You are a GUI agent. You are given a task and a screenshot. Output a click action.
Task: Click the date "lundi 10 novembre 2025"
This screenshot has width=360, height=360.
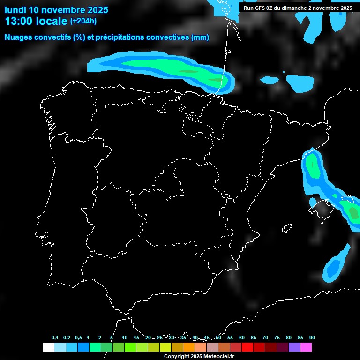(56, 10)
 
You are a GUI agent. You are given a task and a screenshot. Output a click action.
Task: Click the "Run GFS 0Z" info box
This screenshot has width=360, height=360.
(298, 8)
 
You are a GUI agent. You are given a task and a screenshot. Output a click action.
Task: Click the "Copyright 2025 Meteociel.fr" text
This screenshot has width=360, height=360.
(199, 356)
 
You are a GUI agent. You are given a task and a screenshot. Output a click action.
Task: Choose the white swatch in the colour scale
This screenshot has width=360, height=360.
(48, 347)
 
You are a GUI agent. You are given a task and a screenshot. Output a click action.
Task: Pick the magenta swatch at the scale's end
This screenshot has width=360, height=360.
(306, 347)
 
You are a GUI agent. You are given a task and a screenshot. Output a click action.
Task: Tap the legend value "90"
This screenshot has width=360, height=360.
(312, 338)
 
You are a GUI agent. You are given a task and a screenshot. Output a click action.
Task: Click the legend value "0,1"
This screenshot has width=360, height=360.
(55, 338)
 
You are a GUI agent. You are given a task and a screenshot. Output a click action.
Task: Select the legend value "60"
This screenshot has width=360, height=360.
(242, 338)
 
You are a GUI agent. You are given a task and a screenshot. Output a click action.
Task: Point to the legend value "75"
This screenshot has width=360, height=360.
(277, 338)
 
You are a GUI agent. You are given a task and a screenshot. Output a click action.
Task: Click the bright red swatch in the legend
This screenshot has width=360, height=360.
(247, 347)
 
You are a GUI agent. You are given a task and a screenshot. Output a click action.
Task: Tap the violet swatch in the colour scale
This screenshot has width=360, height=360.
(294, 347)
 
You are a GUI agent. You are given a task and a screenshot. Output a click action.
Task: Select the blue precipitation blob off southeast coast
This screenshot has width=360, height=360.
(334, 267)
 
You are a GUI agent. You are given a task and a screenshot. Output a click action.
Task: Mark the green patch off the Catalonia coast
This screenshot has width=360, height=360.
(313, 166)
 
